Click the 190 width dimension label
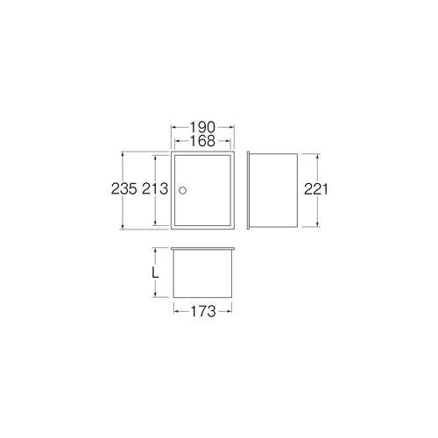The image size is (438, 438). click(202, 127)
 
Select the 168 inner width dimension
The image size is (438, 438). click(202, 141)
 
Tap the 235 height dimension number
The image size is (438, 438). click(124, 189)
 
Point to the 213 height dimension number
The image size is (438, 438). click(155, 189)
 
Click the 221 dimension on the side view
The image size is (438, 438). click(316, 189)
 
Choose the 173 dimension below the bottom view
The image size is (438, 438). click(203, 311)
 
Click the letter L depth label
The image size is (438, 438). click(156, 273)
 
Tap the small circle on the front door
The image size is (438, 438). click(182, 190)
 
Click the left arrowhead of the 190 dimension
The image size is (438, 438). click(173, 127)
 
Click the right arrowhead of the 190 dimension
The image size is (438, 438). click(232, 127)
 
